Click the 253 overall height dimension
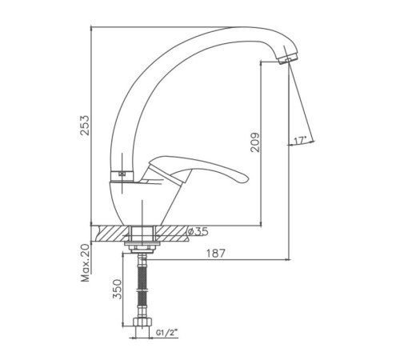[x=85, y=126]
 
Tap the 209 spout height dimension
[x=255, y=142]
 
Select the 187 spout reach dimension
[x=216, y=254]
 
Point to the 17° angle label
[x=299, y=140]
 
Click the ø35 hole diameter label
[x=198, y=232]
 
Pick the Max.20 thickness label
[x=86, y=263]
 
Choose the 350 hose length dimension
[x=117, y=289]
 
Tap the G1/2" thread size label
[x=167, y=333]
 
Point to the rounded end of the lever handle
[x=244, y=179]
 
